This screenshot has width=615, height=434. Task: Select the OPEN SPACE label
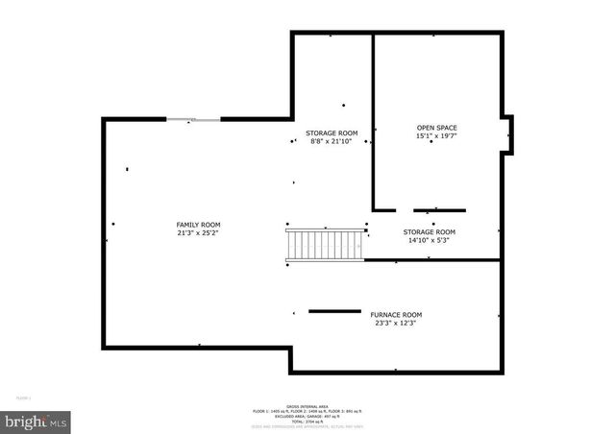tap(436, 128)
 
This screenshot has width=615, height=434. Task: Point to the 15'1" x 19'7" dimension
tap(436, 136)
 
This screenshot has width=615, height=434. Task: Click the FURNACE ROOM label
tap(396, 314)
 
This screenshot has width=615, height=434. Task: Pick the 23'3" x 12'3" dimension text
tap(396, 323)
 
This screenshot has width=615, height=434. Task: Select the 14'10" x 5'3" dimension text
tap(429, 240)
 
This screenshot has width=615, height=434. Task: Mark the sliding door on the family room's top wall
tap(194, 119)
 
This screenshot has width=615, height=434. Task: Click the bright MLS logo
tap(36, 422)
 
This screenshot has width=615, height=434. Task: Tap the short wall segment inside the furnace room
tap(334, 310)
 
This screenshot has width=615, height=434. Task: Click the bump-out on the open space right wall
tap(508, 134)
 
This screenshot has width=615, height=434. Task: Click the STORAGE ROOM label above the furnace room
tap(429, 231)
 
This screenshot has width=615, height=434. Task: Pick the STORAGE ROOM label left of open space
tap(332, 133)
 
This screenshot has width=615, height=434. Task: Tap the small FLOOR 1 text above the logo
tap(23, 397)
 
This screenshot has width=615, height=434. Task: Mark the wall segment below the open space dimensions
tap(439, 209)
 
